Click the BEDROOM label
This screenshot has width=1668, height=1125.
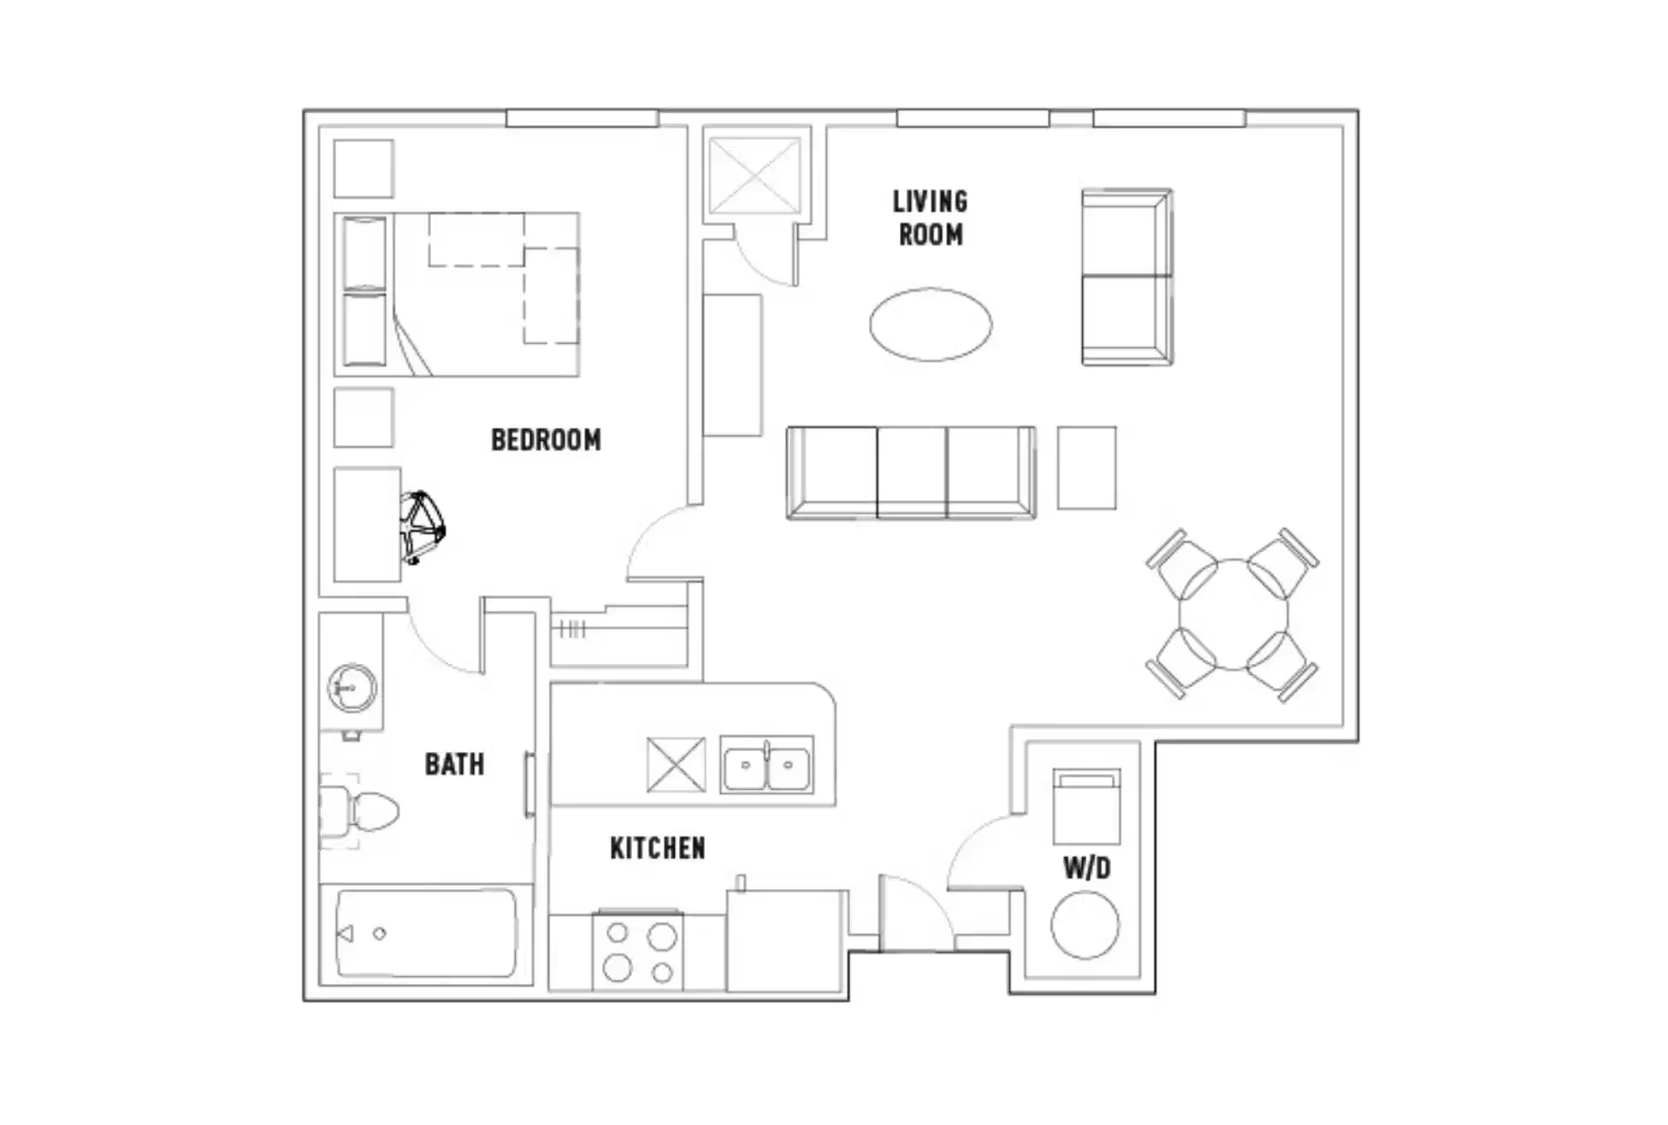pos(546,440)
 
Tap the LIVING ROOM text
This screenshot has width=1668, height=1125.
pos(930,218)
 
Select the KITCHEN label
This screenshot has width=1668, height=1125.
pos(657,848)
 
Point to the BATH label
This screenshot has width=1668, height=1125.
pos(454,764)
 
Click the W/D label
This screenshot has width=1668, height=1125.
pos(1086,868)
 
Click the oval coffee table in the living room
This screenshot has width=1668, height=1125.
pos(931,324)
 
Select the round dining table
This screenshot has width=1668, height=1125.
pos(1233,614)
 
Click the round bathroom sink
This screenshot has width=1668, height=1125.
pos(352,687)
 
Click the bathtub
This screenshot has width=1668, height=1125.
pos(426,933)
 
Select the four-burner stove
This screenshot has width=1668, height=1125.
pos(638,951)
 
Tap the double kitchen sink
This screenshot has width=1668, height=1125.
pos(766,764)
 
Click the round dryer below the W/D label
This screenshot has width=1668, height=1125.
pos(1085,925)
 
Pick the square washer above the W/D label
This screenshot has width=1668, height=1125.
pos(1086,807)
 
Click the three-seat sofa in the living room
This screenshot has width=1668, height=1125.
pos(911,472)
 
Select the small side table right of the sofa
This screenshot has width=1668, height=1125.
pos(1086,468)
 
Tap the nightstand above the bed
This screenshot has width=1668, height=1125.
pos(364,169)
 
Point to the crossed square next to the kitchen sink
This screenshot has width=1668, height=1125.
pos(676,764)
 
